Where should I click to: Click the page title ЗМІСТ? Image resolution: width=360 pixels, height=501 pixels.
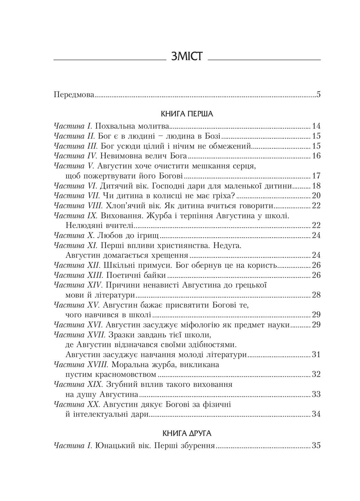click(x=187, y=56)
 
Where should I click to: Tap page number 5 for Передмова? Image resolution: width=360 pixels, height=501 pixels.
click(x=318, y=94)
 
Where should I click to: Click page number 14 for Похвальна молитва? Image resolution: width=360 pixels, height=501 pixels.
click(x=316, y=126)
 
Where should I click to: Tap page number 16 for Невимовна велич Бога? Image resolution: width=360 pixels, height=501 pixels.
click(x=316, y=156)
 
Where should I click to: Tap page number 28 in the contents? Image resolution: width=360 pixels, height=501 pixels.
click(x=316, y=296)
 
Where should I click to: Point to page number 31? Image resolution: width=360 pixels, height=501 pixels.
click(x=316, y=355)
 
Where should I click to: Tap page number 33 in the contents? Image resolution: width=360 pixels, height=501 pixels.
click(x=316, y=395)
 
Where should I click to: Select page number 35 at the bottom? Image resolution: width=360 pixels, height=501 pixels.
click(x=316, y=446)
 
